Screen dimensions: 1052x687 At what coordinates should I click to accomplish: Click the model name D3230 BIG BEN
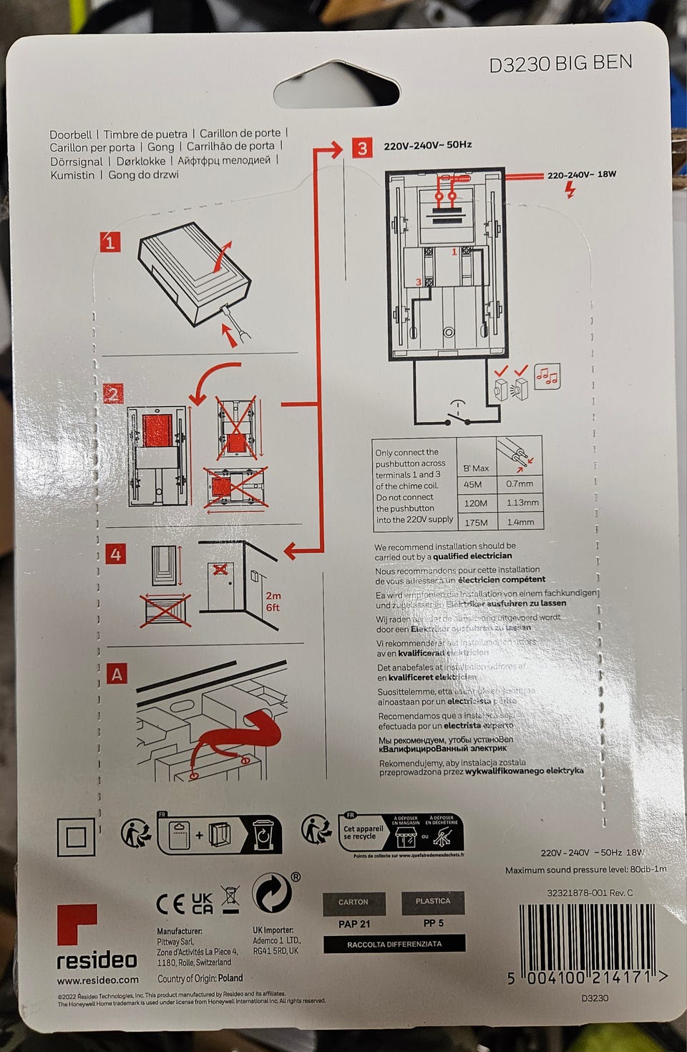click(x=560, y=63)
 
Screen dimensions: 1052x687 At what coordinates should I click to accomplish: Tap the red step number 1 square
click(x=110, y=242)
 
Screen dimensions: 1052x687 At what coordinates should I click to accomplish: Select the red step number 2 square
click(x=113, y=394)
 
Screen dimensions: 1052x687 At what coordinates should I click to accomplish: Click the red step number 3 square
click(x=362, y=148)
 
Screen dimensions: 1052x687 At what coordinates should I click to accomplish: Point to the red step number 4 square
click(x=116, y=554)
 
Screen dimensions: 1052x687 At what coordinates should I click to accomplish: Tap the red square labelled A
click(x=117, y=674)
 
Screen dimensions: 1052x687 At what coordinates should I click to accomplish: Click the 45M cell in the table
click(x=472, y=484)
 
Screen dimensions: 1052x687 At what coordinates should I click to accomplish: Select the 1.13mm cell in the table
click(x=522, y=503)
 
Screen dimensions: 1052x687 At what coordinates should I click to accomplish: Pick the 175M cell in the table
click(x=475, y=522)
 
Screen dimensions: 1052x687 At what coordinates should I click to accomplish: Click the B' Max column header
click(x=475, y=468)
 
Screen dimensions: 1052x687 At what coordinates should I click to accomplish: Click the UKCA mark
click(x=203, y=903)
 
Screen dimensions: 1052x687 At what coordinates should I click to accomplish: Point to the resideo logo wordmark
click(x=97, y=959)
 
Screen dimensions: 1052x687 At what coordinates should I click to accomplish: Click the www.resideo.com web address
click(x=97, y=980)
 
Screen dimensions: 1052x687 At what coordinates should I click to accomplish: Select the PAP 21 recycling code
click(x=354, y=924)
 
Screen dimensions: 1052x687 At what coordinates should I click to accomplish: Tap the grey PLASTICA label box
click(x=433, y=901)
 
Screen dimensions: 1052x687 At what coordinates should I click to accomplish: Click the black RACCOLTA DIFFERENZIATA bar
click(x=394, y=944)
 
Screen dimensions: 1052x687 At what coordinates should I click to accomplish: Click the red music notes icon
click(x=547, y=376)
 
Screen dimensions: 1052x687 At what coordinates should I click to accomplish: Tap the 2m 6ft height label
click(x=273, y=601)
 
